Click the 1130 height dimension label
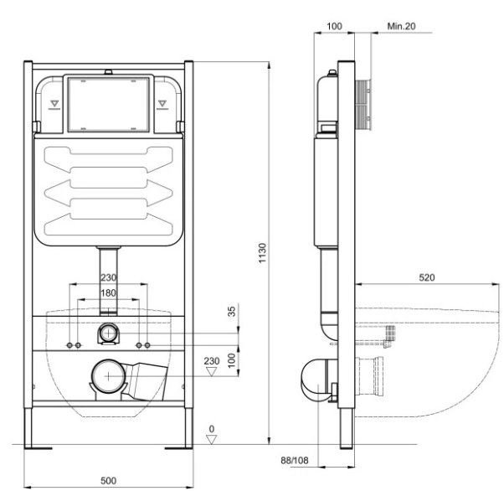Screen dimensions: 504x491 point(263,253)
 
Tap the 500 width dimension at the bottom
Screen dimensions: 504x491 point(108,480)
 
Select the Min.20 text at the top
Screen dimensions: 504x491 point(401,26)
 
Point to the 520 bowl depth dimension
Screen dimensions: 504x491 point(427,277)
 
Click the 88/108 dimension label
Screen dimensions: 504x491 point(295,461)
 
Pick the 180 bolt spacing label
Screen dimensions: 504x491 point(108,292)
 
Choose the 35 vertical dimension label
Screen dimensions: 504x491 point(232,311)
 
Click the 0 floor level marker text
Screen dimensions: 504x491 point(212,429)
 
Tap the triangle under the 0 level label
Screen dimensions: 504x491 point(212,440)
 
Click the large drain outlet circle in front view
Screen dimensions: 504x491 point(109,376)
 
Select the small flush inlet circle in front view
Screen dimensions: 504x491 point(109,333)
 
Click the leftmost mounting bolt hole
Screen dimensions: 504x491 point(69,345)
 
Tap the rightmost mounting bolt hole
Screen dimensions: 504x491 point(147,345)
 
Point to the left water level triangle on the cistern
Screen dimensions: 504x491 point(54,103)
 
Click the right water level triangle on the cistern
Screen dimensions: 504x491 point(162,103)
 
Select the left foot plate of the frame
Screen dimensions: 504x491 point(39,448)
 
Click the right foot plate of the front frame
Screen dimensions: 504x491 point(178,448)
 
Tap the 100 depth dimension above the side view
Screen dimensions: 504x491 point(334,26)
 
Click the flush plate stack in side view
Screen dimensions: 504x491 point(363,105)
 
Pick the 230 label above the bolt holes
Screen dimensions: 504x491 point(109,277)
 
